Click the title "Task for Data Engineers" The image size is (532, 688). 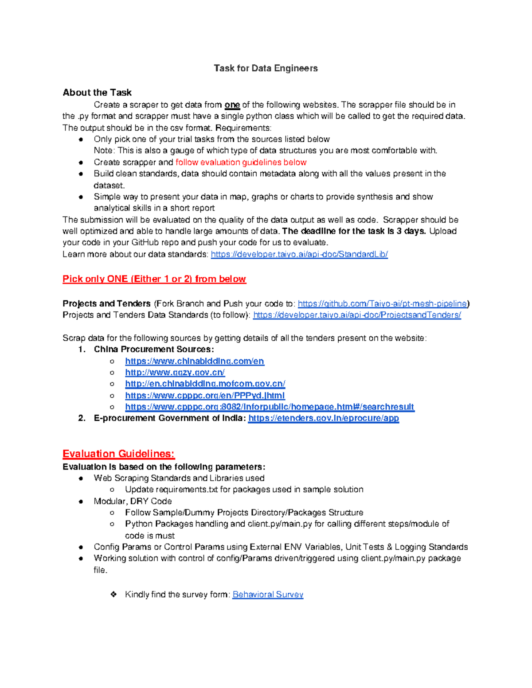tap(266, 68)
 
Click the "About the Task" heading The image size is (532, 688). tap(97, 93)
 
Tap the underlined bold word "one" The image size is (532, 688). tap(232, 105)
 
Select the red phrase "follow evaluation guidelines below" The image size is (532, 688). tap(241, 162)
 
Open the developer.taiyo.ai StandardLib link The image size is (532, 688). tap(299, 254)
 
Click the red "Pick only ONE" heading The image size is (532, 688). tap(154, 279)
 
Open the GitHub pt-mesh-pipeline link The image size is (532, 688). tap(383, 303)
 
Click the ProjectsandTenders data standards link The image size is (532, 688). tap(357, 315)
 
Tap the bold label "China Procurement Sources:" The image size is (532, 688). tap(154, 349)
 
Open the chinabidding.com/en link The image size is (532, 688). tap(195, 361)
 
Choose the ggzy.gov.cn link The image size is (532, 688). tap(175, 373)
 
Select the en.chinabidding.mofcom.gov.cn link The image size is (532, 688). tap(205, 384)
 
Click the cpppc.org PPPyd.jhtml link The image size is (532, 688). tap(205, 395)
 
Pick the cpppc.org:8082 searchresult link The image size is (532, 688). tap(270, 407)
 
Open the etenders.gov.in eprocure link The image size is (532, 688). tap(324, 418)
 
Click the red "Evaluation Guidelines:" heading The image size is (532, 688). tap(119, 454)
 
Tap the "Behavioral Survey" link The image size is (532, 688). tap(268, 595)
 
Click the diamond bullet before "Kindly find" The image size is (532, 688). tap(114, 595)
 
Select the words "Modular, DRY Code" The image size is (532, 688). tap(133, 501)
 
